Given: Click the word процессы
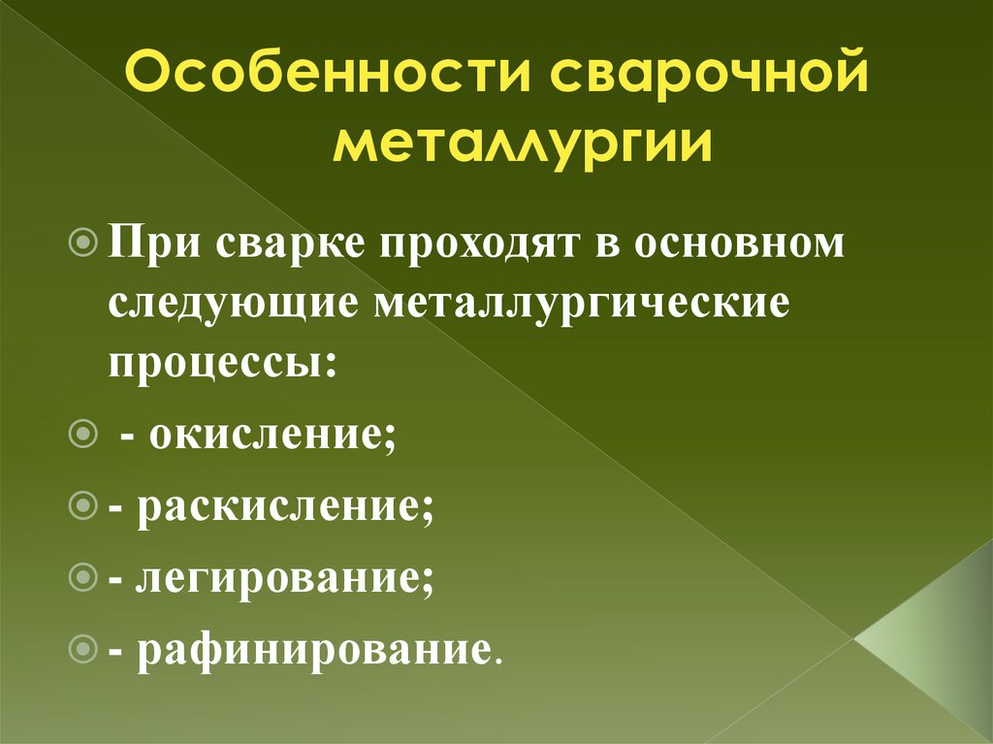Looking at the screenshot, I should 222,365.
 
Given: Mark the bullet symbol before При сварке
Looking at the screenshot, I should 84,240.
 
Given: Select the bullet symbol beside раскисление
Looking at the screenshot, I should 84,504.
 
